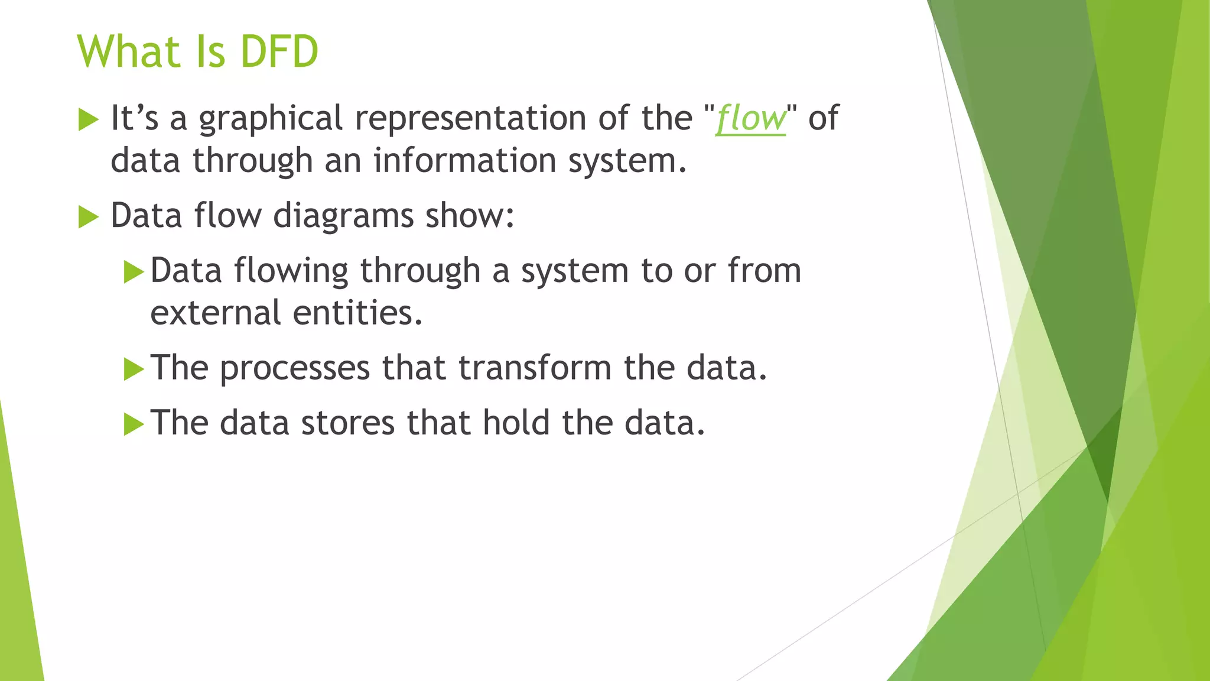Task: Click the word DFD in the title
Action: [279, 52]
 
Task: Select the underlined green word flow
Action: [750, 119]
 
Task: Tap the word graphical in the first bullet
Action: [270, 119]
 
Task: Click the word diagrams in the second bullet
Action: [343, 216]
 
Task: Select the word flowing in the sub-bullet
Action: [290, 271]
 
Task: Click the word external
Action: [215, 313]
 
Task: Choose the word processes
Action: [294, 368]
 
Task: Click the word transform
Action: [534, 368]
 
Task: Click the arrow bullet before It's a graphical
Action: [88, 120]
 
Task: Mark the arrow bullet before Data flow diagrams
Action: [88, 218]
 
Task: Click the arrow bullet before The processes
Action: [134, 370]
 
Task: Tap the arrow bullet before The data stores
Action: [134, 425]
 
